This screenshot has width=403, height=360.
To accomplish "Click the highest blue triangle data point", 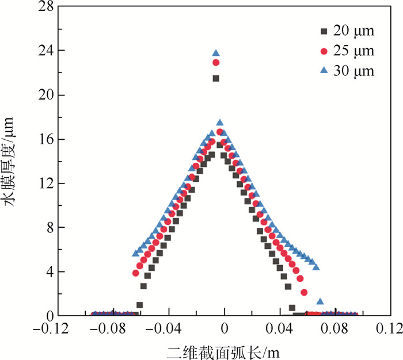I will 216,53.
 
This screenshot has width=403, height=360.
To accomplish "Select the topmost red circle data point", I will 216,62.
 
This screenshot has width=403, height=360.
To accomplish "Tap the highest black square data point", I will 216,78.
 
